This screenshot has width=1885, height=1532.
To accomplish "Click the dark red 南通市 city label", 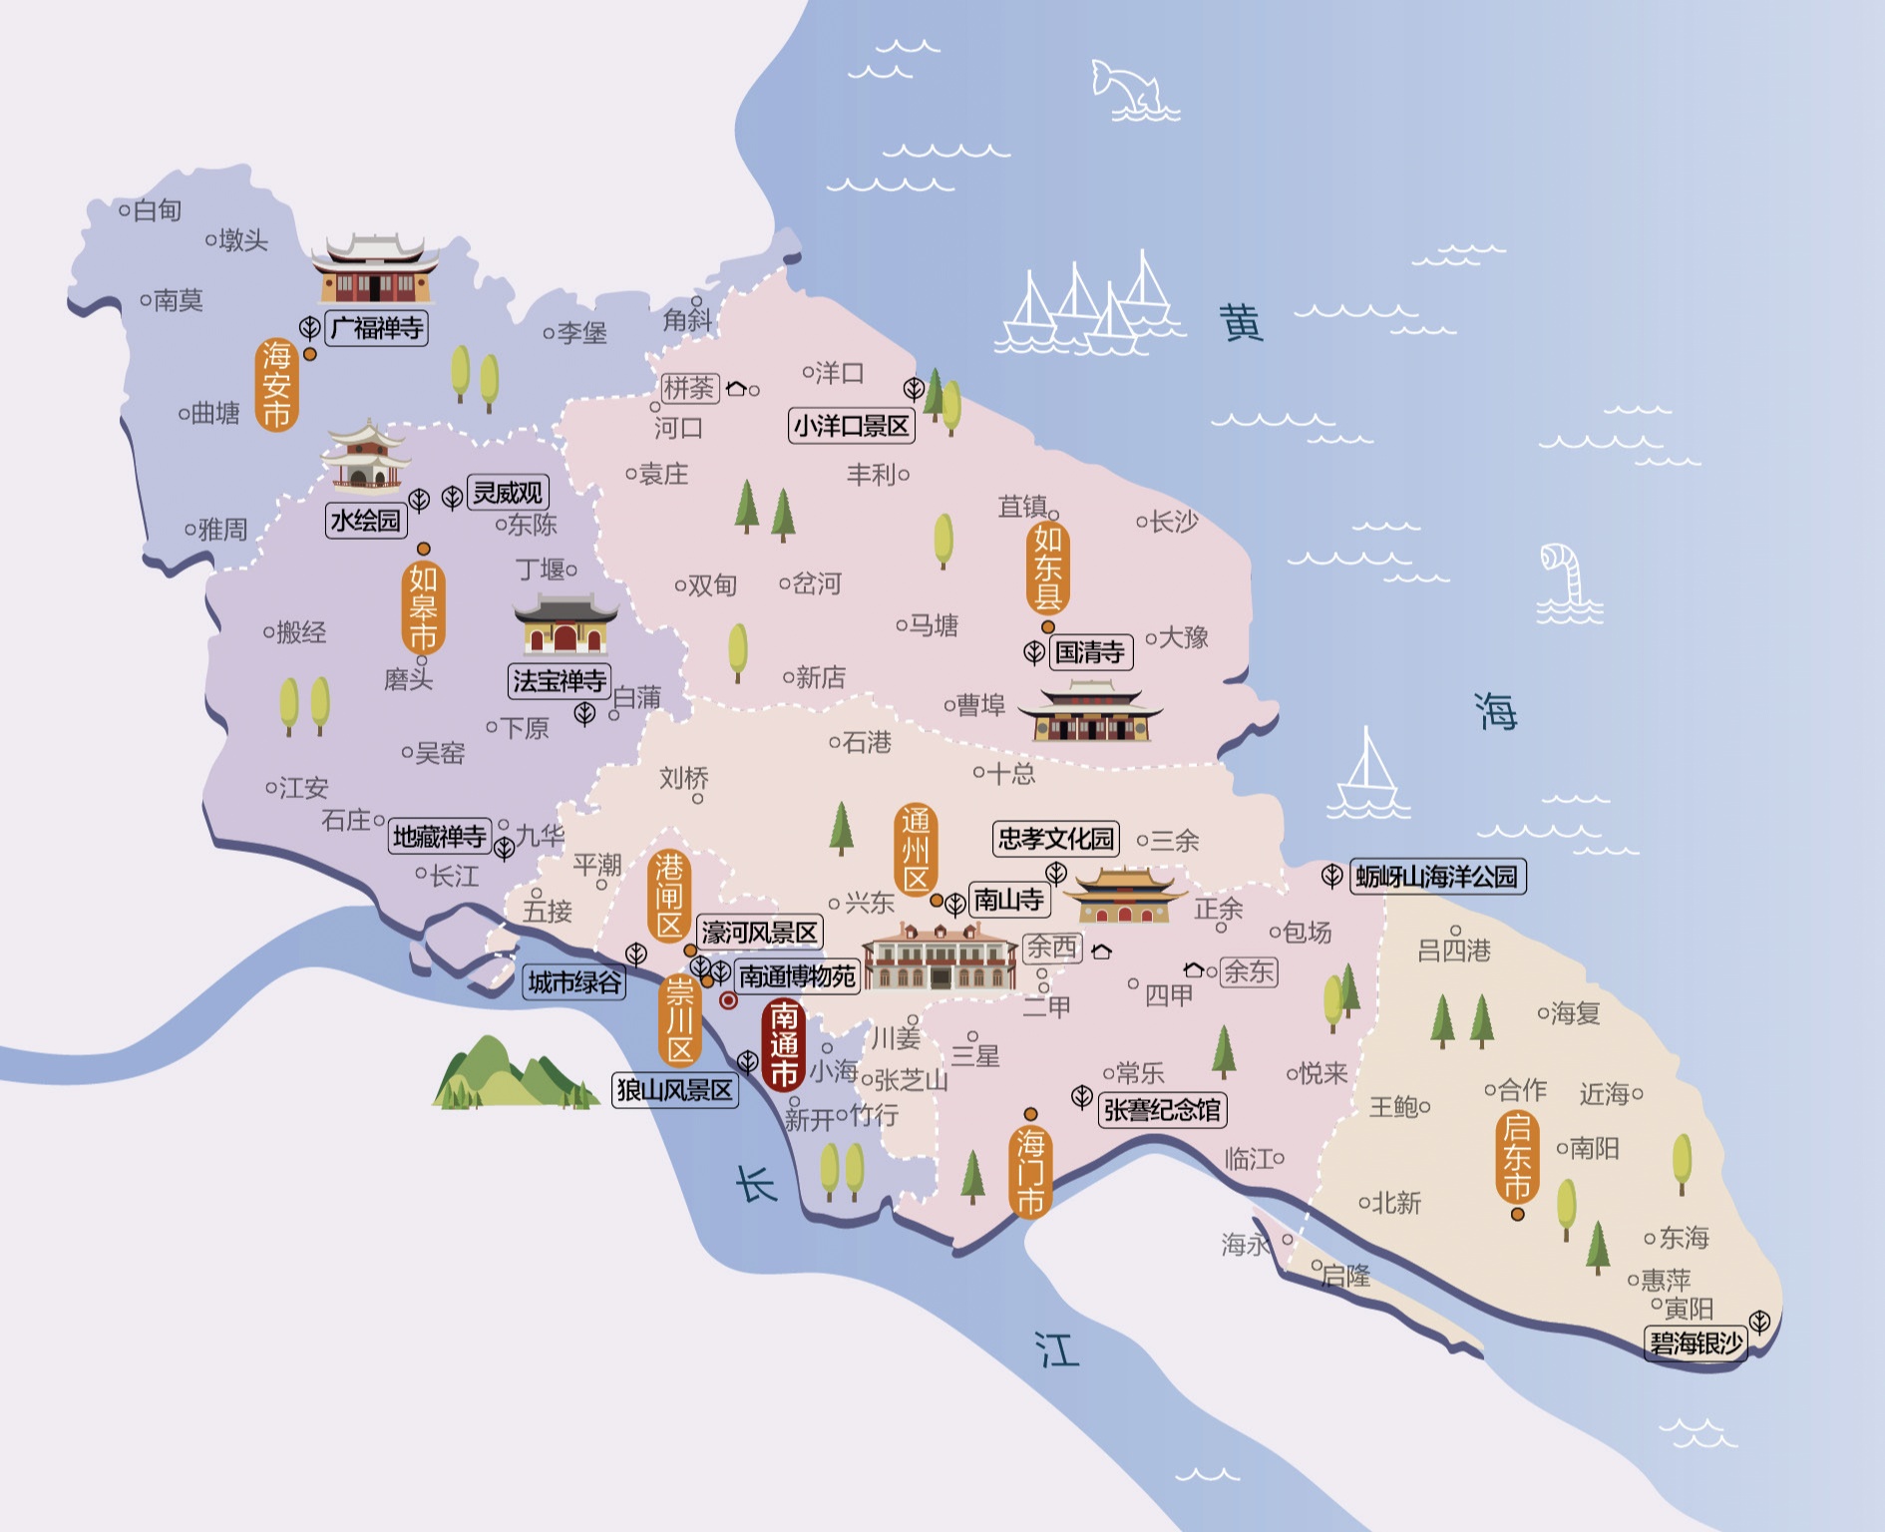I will point(784,1045).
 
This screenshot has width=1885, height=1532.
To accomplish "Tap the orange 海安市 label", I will point(276,385).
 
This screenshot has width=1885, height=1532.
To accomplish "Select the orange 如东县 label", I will point(1047,568).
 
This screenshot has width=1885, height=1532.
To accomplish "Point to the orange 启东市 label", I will point(1516,1157).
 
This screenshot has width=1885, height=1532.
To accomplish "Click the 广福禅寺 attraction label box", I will point(377,328).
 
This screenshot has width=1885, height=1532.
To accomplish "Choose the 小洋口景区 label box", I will point(851,426).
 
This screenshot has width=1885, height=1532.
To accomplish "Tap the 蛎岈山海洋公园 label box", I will point(1436,877).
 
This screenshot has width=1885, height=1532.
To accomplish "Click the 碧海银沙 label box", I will point(1695,1342).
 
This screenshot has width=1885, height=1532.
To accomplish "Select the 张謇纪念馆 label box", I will point(1162,1110).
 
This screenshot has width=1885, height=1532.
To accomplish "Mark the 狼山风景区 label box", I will point(675,1090).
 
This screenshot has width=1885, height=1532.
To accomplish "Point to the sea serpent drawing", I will point(1566,583).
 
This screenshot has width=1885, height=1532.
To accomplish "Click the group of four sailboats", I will point(1087,304).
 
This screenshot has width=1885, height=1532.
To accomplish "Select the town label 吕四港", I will point(1453,951).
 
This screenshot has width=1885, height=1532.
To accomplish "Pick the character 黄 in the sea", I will point(1241,323).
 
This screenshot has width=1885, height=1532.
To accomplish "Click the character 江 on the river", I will point(1057,1350).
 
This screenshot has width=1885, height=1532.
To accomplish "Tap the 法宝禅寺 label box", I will point(559,681).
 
